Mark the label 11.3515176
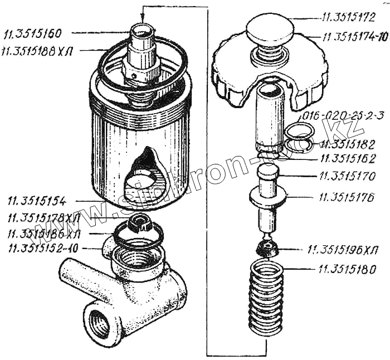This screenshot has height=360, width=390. pos(347,197)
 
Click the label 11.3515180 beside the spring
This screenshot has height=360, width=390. pos(347,269)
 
